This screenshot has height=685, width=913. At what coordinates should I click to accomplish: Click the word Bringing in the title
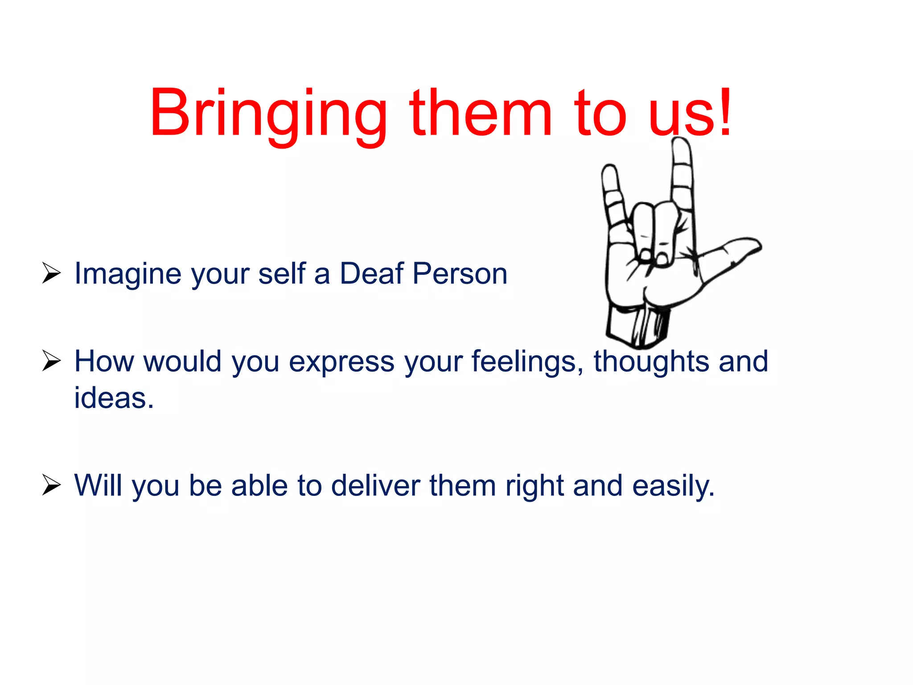tap(267, 114)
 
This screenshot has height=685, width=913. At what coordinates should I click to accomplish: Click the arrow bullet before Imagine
tap(51, 273)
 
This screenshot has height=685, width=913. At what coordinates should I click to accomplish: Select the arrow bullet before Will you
tap(51, 485)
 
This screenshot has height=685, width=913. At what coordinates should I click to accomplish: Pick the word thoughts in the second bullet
tap(651, 361)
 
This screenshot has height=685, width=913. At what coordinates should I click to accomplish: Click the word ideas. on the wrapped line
tap(114, 398)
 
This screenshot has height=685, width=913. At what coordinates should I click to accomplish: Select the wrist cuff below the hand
tap(637, 326)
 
